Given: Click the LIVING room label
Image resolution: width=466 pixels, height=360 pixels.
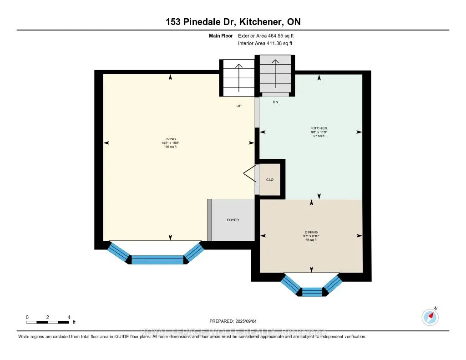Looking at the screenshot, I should (x=170, y=139).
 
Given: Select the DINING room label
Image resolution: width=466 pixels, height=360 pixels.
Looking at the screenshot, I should (x=312, y=232).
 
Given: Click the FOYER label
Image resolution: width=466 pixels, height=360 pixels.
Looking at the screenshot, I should (x=233, y=220).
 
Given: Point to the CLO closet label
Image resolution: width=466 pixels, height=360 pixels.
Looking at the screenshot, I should (x=270, y=180).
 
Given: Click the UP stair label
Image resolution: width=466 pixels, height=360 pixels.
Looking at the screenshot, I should (x=238, y=106).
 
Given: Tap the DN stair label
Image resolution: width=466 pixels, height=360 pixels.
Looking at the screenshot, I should (x=275, y=102).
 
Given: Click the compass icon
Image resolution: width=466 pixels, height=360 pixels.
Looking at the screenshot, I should (x=430, y=317).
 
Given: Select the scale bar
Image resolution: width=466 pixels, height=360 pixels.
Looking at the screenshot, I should (x=48, y=322).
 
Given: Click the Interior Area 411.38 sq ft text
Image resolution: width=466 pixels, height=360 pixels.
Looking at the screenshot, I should (x=265, y=43).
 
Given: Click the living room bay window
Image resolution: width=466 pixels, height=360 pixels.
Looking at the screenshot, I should (x=157, y=257).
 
